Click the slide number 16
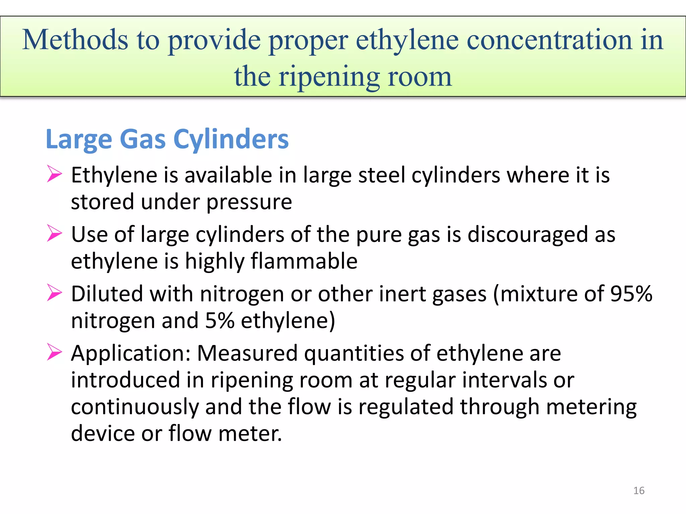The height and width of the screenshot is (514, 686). pos(639,491)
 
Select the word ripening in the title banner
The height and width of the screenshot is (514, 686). pos(329,77)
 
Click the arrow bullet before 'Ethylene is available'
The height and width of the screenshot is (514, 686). pos(54,174)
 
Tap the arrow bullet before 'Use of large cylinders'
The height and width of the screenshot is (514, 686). pos(54,233)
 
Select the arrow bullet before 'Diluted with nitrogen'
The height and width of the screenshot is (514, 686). pos(54,292)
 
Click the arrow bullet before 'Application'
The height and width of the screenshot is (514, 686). pos(54,352)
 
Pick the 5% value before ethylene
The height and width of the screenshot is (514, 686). pos(219,321)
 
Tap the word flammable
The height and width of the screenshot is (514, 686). pos(304,261)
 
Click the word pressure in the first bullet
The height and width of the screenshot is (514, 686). pos(249,202)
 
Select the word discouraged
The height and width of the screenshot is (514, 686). pos(528,234)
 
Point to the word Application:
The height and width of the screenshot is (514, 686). pos(131,353)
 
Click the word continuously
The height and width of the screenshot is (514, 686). pos(135,407)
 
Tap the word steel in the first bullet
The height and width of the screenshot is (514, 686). pos(382,175)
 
